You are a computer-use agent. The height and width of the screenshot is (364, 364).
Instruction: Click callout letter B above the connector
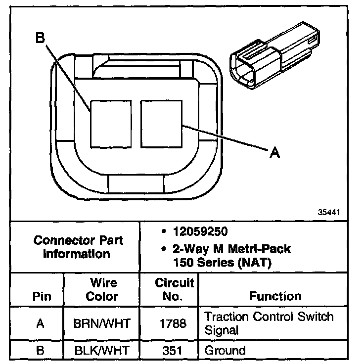[x=40, y=38]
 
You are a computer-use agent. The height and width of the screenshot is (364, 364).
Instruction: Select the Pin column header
[x=41, y=297]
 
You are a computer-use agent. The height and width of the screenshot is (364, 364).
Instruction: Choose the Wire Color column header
[x=102, y=290]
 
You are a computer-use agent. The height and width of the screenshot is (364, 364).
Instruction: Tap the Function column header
[x=275, y=296]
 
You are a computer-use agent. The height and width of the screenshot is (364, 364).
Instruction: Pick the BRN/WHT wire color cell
[x=102, y=323]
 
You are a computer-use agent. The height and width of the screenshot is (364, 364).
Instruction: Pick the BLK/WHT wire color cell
[x=102, y=351]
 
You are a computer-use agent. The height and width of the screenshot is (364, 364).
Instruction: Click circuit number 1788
[x=174, y=323]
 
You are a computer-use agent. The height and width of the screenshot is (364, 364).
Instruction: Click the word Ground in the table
[x=225, y=351]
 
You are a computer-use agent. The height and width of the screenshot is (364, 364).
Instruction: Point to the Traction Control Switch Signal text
[x=269, y=323]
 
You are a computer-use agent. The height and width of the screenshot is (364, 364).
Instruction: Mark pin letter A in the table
[x=41, y=323]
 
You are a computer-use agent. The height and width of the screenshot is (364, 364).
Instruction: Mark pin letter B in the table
[x=41, y=351]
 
